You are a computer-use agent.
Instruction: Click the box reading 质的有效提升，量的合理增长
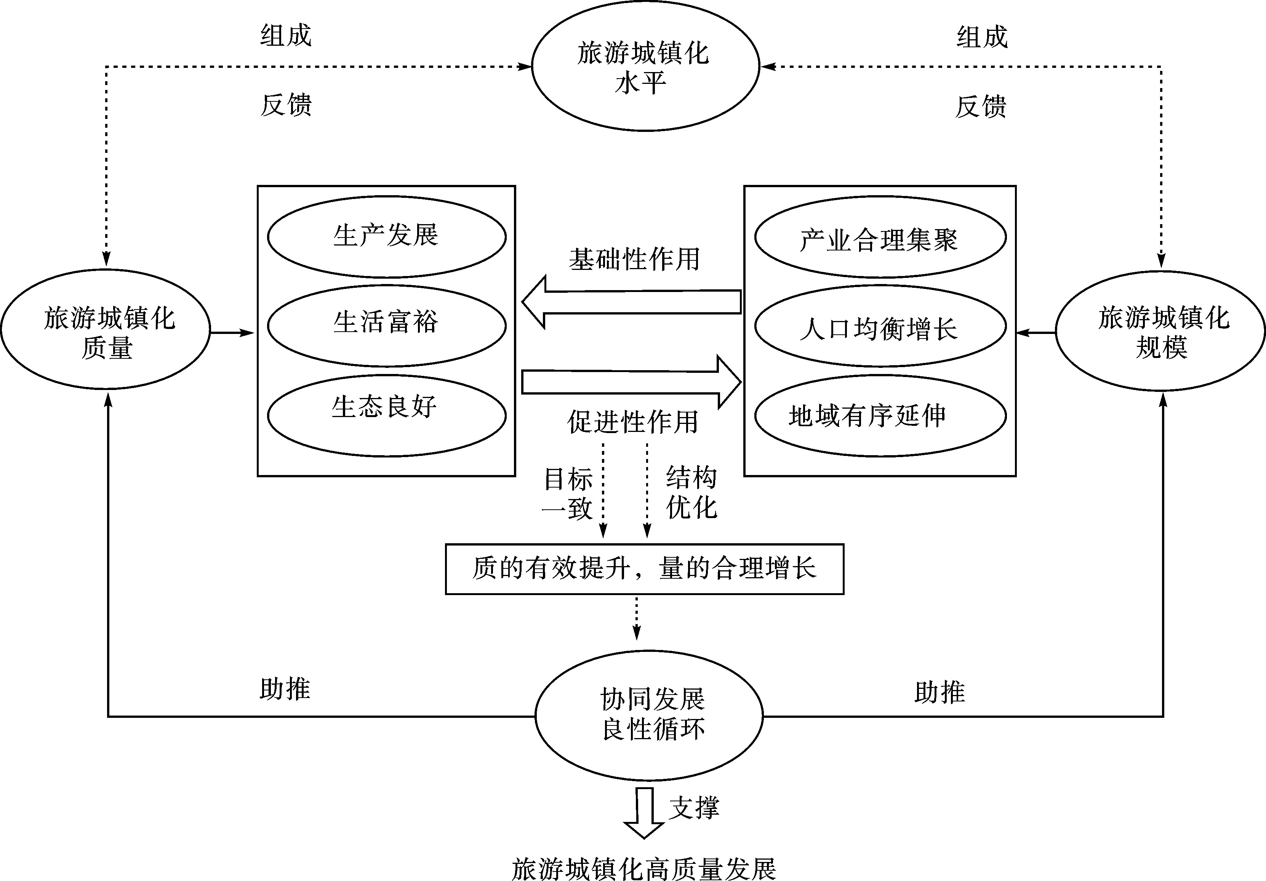pos(645,569)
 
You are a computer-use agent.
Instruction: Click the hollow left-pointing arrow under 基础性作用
pos(631,302)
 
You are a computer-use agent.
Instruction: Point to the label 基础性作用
pos(634,259)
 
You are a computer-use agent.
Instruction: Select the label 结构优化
pos(691,493)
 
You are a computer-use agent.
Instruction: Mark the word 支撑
pos(694,808)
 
